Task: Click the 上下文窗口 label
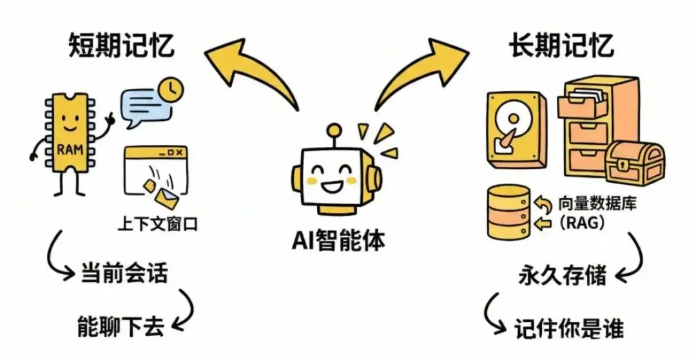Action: point(156,225)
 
